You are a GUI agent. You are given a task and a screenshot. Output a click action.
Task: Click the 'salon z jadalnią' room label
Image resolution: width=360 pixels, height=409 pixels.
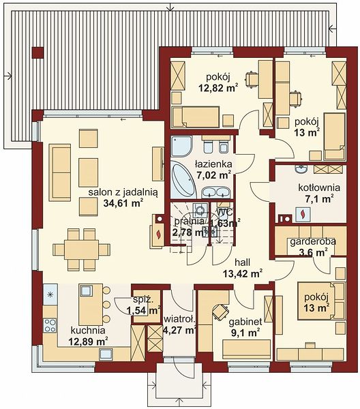tap(123, 193)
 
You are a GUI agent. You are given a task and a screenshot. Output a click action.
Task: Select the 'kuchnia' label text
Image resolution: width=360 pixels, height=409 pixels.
tap(88, 330)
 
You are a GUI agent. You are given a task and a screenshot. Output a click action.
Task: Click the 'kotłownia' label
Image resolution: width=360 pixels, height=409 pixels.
tap(319, 187)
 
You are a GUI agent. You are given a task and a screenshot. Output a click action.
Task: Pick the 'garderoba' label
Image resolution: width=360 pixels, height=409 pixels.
tap(313, 241)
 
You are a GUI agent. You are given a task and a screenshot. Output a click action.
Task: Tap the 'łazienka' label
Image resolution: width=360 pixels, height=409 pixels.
tap(213, 164)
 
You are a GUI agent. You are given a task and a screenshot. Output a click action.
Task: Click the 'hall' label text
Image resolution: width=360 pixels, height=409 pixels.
tap(242, 262)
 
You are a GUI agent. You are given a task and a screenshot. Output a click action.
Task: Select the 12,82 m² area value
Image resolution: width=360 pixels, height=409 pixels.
tap(219, 88)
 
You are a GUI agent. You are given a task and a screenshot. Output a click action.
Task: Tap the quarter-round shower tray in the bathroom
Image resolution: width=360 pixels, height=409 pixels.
tap(181, 146)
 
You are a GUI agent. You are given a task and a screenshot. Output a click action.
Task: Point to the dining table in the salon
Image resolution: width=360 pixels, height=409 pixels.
tap(81, 249)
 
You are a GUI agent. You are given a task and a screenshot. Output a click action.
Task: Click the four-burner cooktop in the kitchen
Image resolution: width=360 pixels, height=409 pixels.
tap(50, 325)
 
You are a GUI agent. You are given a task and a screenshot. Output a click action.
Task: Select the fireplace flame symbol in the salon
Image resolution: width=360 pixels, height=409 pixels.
tap(158, 234)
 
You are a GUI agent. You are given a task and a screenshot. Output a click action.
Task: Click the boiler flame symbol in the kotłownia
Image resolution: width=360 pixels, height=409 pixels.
tap(303, 215)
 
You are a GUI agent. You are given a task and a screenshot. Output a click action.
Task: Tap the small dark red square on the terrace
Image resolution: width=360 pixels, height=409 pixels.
tap(37, 53)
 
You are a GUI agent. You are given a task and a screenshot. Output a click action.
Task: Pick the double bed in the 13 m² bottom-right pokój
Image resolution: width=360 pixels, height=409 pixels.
tap(316, 301)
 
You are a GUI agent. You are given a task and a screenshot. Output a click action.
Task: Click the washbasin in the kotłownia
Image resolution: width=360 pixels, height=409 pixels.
tap(301, 169)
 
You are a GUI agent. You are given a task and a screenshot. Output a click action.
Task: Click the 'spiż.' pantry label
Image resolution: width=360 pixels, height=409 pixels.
tap(143, 300)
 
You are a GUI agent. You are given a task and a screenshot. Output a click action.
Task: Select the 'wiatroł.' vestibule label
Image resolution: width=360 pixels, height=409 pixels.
tap(179, 319)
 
